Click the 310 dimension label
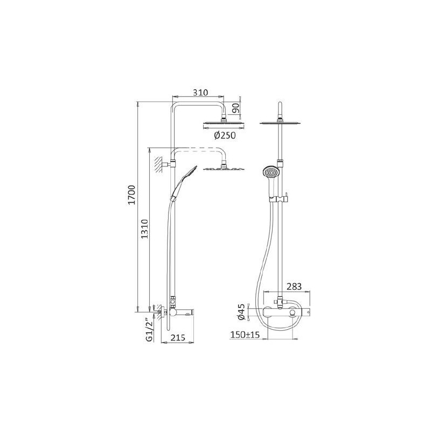200,92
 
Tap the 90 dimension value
235,108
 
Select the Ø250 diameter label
225,135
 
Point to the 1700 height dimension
132,194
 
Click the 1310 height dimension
144,229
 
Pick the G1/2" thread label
149,330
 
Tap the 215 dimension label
178,337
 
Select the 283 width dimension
294,287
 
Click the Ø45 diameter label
241,312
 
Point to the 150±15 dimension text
245,335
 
